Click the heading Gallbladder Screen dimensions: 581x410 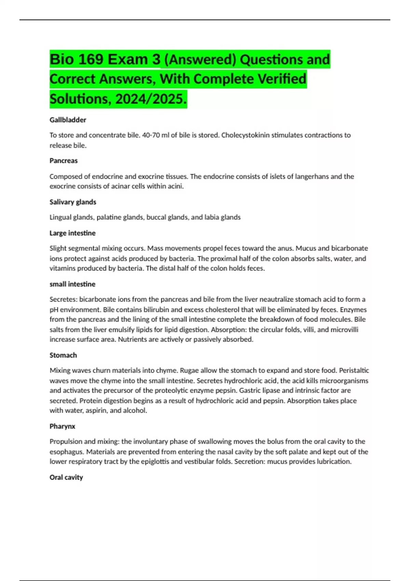click(x=68, y=120)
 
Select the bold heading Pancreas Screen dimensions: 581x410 click(x=64, y=161)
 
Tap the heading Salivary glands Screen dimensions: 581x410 click(x=73, y=202)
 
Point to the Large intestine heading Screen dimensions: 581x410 click(x=72, y=233)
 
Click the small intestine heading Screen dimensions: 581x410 click(x=72, y=284)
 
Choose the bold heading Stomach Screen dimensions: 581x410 click(x=63, y=355)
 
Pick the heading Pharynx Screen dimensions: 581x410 click(x=62, y=426)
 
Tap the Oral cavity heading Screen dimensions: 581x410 click(x=66, y=477)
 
